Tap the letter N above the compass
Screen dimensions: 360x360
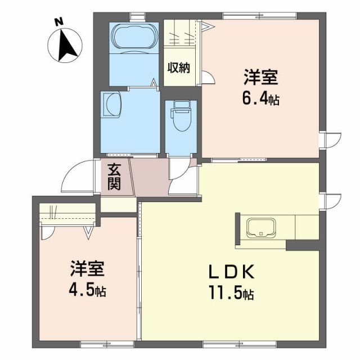[x=58, y=22]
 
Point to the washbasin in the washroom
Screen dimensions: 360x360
[x=110, y=104]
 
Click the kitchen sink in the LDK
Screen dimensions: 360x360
[x=260, y=228]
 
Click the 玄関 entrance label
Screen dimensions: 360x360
[x=115, y=176]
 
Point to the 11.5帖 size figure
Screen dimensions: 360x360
[x=232, y=294]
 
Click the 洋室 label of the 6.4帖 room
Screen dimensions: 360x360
[x=260, y=78]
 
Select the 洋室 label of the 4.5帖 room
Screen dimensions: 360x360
[x=87, y=269]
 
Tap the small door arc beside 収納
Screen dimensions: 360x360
[x=208, y=78]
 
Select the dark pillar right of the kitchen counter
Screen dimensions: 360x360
[x=303, y=243]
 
